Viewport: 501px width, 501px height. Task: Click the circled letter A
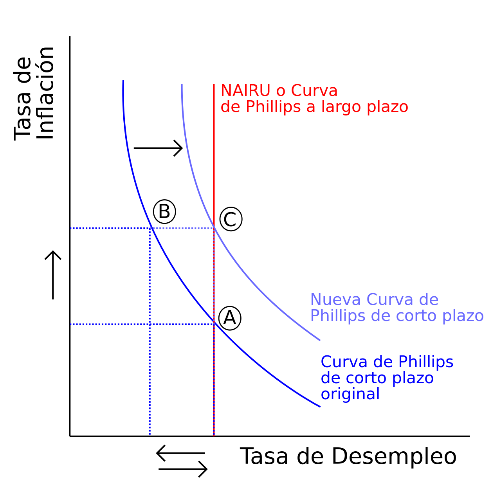click(230, 318)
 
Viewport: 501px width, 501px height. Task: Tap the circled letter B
click(164, 211)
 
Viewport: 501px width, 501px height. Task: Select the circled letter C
click(231, 219)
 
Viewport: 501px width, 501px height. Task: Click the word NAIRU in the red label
click(245, 90)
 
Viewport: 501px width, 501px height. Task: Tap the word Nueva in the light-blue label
click(335, 299)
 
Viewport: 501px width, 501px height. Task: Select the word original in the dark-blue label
click(350, 394)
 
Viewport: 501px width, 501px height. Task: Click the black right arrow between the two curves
click(158, 148)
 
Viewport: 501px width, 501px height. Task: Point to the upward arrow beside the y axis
click(53, 275)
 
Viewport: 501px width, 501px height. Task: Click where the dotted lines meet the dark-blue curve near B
click(151, 228)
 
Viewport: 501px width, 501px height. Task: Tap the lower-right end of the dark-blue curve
click(320, 407)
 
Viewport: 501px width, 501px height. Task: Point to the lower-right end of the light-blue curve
click(320, 340)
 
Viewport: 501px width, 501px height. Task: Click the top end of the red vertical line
click(214, 84)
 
